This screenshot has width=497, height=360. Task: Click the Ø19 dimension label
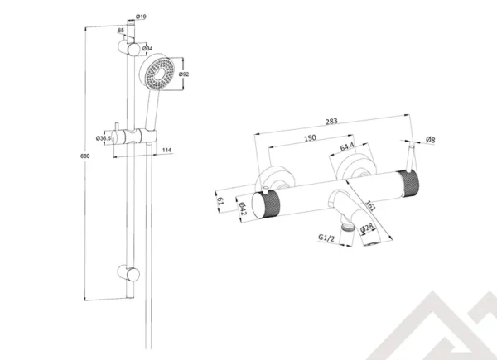point(141,16)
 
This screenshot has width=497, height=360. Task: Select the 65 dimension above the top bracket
point(122,31)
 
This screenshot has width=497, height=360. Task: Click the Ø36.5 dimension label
point(104,137)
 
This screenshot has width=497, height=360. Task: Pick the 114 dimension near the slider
point(167,150)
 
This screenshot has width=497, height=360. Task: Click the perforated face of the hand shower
point(157,76)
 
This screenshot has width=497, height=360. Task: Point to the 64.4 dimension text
point(346,149)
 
